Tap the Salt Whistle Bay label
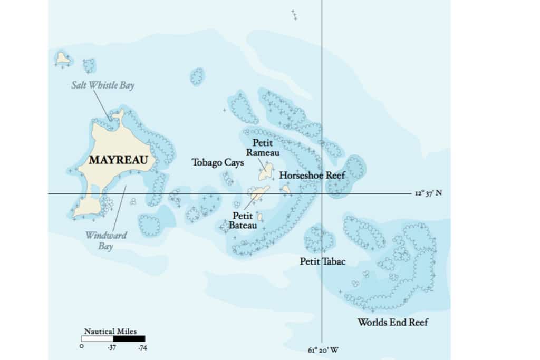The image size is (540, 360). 103,85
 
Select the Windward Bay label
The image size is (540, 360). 106,240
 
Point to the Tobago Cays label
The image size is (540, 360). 218,163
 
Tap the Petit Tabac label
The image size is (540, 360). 323,261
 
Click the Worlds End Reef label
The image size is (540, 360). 392,322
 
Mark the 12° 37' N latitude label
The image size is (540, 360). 428,193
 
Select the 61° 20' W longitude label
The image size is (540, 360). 323,349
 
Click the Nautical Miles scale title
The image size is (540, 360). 110,332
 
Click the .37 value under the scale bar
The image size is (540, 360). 112,348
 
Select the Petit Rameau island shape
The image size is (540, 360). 266,171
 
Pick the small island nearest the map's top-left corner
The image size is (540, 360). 63,58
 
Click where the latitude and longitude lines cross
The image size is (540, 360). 322,193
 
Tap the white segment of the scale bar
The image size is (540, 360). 97,338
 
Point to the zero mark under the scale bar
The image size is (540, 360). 82,347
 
